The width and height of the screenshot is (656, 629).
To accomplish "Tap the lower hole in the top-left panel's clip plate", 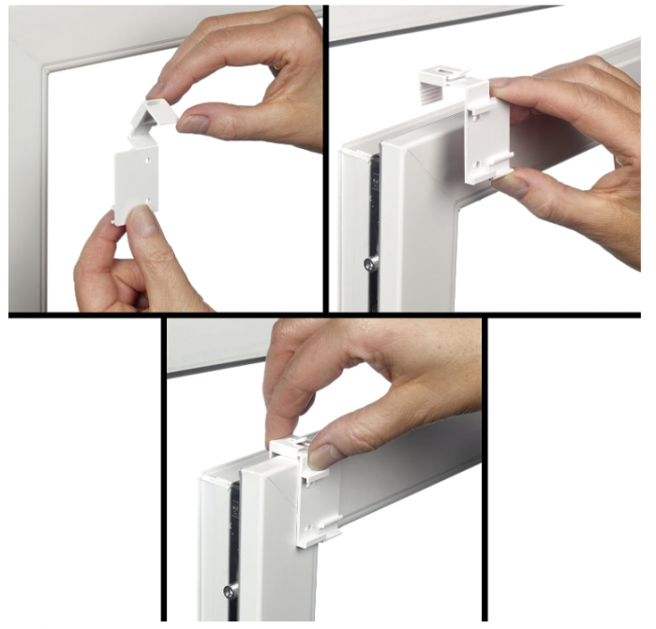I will [x=148, y=198].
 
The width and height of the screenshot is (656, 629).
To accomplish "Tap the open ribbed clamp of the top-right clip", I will [x=439, y=83].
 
